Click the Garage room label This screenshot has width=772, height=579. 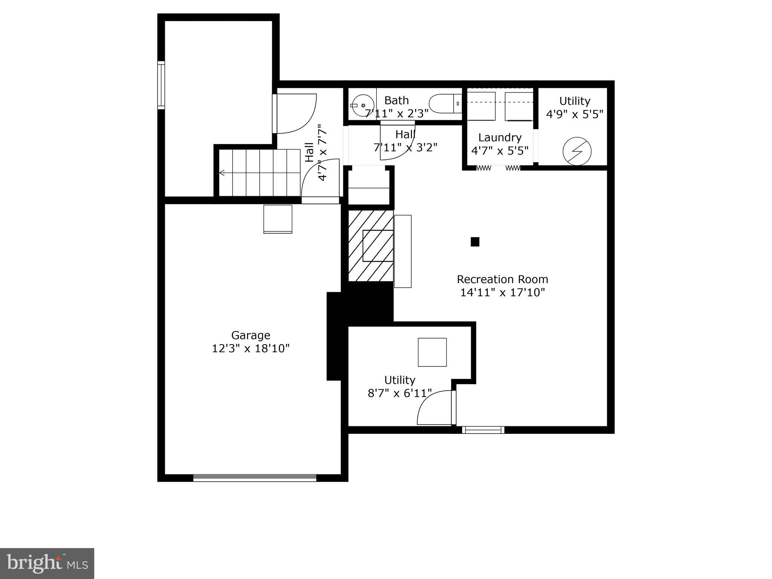click(x=251, y=335)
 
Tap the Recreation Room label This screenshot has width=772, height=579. click(x=502, y=279)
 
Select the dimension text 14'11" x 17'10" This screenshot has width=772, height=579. click(x=502, y=293)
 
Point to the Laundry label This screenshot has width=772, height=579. click(x=500, y=137)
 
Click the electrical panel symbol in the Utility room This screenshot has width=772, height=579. click(x=577, y=151)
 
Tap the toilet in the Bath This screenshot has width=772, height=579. click(x=445, y=104)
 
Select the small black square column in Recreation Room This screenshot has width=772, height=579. click(x=475, y=242)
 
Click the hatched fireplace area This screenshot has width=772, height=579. click(x=371, y=245)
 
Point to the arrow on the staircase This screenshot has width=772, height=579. click(x=222, y=173)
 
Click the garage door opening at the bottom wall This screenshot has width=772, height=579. click(x=255, y=478)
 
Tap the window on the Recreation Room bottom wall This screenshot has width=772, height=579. click(x=483, y=430)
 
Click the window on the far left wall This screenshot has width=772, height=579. click(x=161, y=85)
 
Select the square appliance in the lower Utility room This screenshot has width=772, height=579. click(x=432, y=352)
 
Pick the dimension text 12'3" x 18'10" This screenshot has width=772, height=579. click(x=251, y=348)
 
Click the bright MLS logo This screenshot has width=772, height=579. click(x=47, y=564)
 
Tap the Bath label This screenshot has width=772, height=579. click(x=397, y=100)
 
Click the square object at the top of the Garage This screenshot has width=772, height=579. click(x=278, y=219)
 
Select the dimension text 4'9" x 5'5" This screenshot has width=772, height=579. click(x=575, y=114)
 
